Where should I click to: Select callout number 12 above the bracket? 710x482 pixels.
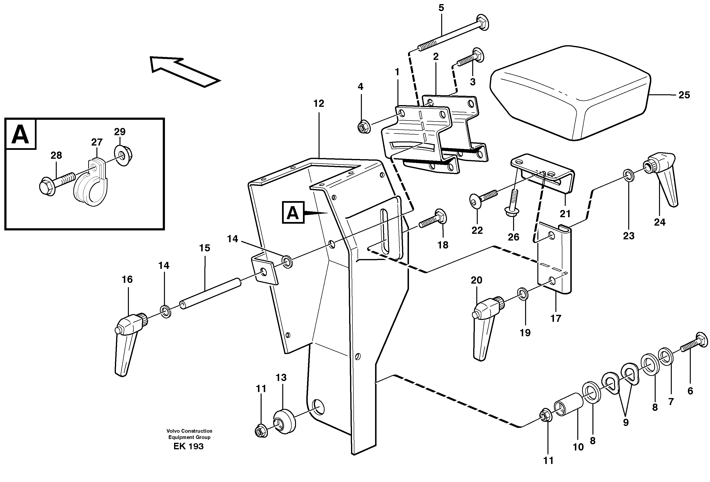318,104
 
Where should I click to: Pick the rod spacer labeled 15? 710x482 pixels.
211,293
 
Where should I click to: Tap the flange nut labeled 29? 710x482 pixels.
125,156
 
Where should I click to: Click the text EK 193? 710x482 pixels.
188,446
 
